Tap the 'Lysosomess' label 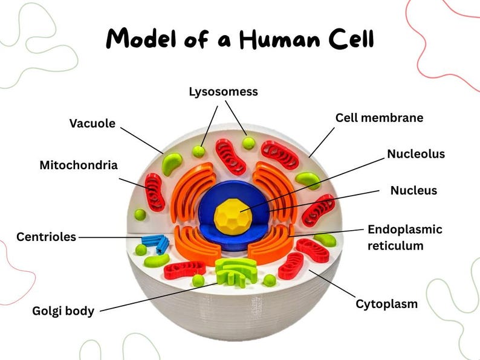223,92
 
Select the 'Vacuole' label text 92,123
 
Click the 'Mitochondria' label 79,165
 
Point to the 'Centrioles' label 47,237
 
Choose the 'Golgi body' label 63,312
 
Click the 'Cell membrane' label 379,118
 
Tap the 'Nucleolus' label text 416,154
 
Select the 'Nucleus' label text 414,191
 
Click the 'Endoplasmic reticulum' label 405,237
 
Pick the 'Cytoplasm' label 386,304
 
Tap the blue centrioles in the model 155,243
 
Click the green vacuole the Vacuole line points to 172,161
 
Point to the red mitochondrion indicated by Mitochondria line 154,191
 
